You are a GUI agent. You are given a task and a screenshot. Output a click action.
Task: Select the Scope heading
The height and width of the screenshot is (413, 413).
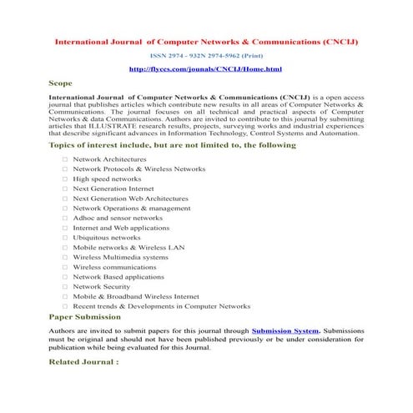pyautogui.click(x=61, y=83)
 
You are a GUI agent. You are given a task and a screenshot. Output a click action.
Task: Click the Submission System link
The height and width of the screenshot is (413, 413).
pyautogui.click(x=285, y=330)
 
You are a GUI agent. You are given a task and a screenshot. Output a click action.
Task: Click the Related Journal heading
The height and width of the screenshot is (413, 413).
pyautogui.click(x=83, y=362)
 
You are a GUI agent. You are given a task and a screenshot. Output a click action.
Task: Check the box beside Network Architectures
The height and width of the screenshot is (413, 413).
pyautogui.click(x=64, y=158)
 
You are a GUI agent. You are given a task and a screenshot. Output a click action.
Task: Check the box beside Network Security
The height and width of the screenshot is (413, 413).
pyautogui.click(x=64, y=286)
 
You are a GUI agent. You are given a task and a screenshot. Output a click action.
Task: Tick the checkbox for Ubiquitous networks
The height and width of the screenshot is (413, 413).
pyautogui.click(x=64, y=238)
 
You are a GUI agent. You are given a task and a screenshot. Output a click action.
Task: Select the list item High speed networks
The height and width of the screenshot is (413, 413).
pyautogui.click(x=107, y=179)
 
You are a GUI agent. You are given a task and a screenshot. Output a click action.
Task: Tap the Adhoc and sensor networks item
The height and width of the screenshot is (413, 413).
pyautogui.click(x=118, y=217)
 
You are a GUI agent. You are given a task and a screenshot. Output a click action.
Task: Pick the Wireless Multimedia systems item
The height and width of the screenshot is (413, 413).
pyautogui.click(x=120, y=257)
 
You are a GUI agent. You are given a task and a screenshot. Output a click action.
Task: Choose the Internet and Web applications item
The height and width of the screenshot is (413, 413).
pyautogui.click(x=121, y=227)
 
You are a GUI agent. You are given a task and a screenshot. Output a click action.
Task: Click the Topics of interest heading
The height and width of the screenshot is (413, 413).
pyautogui.click(x=172, y=145)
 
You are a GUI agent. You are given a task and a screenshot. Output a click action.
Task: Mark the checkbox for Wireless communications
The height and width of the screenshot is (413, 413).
pyautogui.click(x=64, y=267)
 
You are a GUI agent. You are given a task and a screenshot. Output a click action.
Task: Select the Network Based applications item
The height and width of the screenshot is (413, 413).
pyautogui.click(x=118, y=276)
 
